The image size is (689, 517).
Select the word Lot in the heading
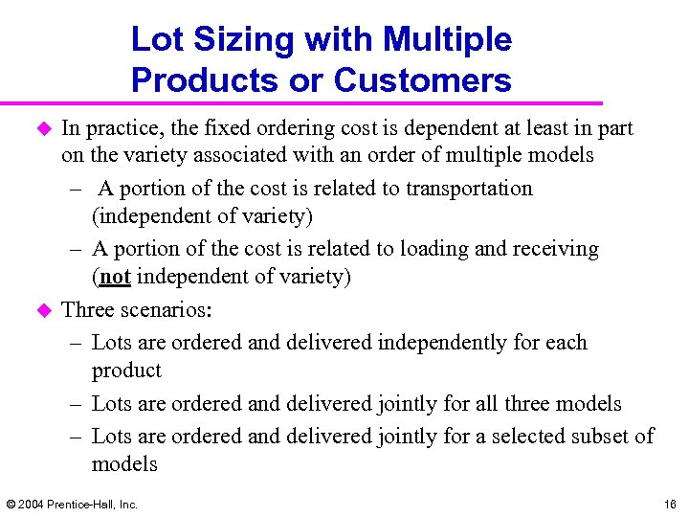(x=155, y=40)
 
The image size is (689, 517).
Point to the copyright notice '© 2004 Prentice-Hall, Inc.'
(x=72, y=504)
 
